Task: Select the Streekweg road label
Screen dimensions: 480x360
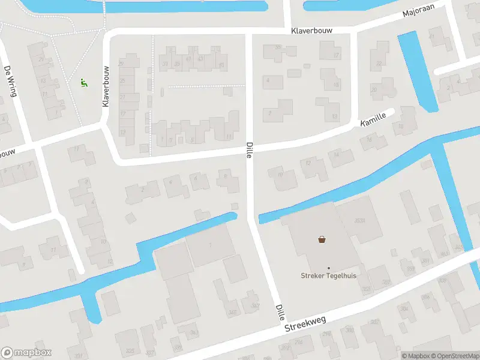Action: click(305, 323)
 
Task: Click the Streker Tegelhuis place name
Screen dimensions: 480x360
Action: click(328, 276)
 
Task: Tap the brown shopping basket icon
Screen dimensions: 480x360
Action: click(322, 240)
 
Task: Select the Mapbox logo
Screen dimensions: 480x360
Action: click(26, 352)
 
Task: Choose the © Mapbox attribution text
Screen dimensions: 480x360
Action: click(415, 356)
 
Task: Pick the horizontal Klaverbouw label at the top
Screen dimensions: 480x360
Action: click(311, 30)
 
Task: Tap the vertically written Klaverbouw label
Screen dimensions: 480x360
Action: click(106, 86)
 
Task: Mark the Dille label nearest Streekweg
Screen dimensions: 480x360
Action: click(280, 312)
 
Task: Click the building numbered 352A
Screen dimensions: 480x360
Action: click(360, 221)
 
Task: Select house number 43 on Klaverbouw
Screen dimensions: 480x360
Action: click(200, 59)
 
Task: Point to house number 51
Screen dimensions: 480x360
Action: click(223, 65)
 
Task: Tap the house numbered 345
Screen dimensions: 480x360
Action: click(232, 312)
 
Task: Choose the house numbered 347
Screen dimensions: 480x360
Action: click(255, 305)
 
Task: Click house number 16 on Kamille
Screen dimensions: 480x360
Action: click(369, 140)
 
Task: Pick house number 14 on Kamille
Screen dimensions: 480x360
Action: click(336, 155)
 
